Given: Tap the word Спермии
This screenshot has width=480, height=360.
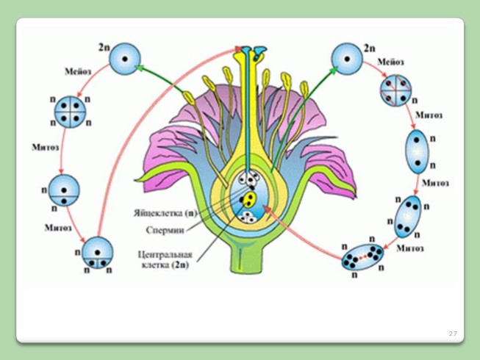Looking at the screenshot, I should point(175,230).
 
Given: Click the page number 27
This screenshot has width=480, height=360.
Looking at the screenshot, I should point(453,334).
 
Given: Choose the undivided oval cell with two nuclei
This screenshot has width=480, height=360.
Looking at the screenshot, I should point(416,151).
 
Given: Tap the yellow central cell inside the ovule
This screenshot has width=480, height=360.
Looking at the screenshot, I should point(250,199).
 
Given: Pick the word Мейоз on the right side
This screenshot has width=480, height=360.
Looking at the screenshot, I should point(391,63).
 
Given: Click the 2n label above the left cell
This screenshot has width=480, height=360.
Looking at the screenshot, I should point(104,46).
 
